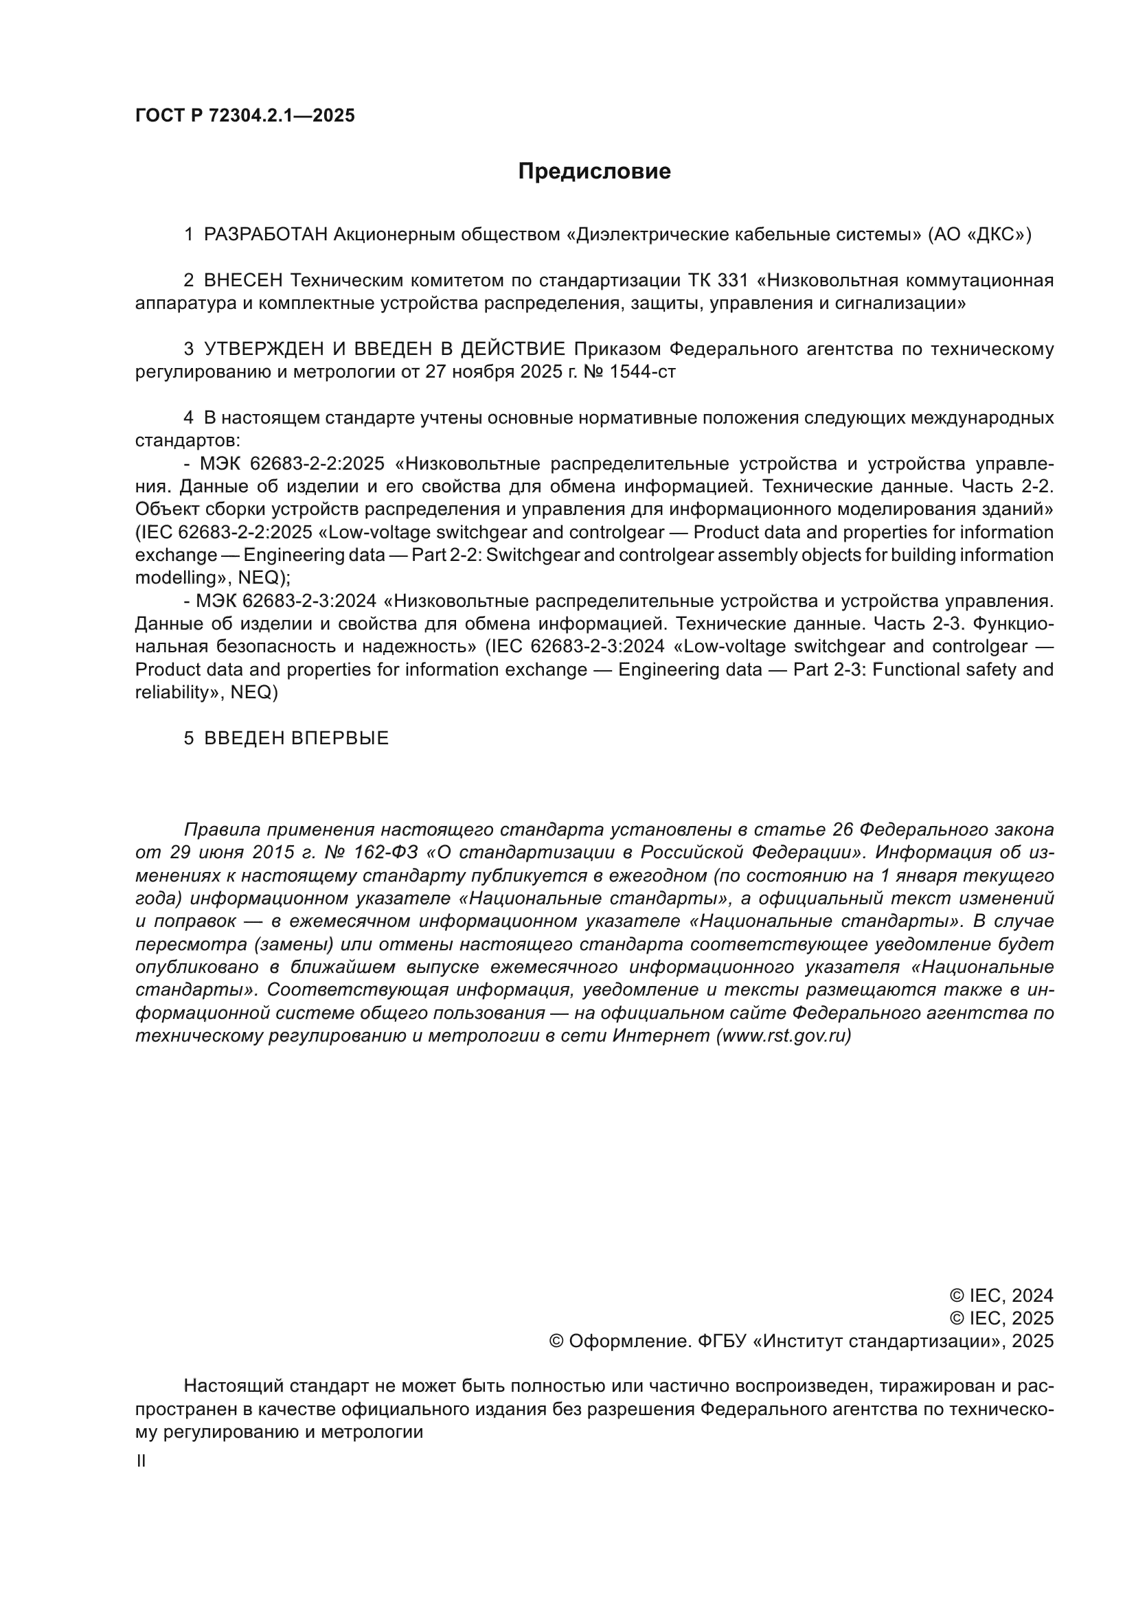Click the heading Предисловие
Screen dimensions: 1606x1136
(594, 172)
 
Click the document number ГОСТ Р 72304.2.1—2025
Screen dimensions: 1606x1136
(245, 115)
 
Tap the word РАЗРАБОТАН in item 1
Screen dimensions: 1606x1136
(265, 234)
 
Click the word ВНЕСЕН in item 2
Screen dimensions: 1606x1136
(243, 281)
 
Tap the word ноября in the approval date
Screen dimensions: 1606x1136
(483, 371)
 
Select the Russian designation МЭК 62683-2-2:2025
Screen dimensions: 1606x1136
(293, 463)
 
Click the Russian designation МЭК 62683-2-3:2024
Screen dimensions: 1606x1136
(286, 601)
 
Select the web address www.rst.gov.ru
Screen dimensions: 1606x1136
(784, 1036)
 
